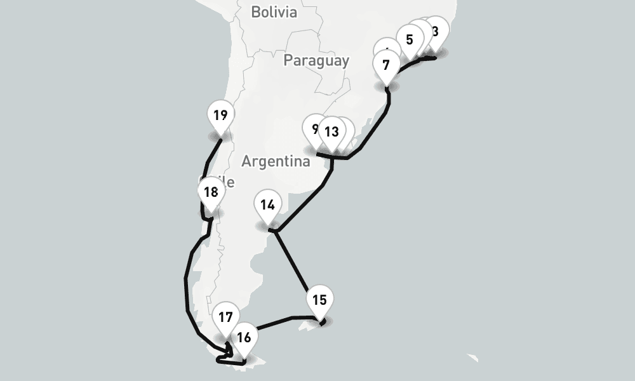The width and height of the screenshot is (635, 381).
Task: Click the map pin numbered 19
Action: click(220, 117)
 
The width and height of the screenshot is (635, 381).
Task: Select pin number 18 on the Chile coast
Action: click(211, 193)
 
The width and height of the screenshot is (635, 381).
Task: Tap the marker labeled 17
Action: click(225, 318)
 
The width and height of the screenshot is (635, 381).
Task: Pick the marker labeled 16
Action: click(244, 338)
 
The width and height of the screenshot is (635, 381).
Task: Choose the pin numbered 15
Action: click(319, 300)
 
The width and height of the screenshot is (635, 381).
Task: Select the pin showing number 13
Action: click(331, 133)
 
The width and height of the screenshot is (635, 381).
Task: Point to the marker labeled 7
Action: click(386, 65)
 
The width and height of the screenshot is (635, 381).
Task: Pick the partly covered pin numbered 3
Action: click(437, 30)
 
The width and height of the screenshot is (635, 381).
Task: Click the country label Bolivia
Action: click(274, 12)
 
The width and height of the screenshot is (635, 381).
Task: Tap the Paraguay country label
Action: click(316, 60)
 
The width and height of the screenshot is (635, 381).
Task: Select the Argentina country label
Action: click(276, 161)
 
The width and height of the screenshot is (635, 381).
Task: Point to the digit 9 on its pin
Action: click(314, 128)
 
